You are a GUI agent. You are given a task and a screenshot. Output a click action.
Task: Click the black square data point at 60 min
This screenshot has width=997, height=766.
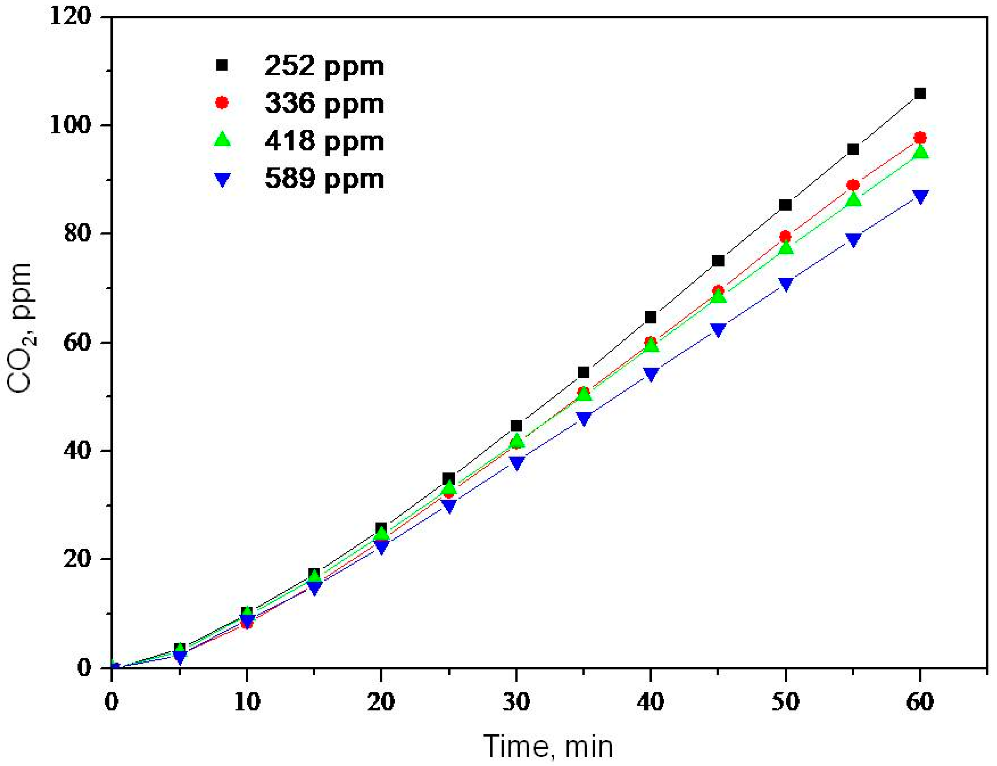920,93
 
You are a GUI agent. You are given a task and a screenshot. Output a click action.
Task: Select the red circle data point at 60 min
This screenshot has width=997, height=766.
920,138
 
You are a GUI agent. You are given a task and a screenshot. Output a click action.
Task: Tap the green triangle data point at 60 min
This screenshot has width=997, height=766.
920,152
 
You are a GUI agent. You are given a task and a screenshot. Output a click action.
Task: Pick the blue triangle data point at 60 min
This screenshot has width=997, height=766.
920,197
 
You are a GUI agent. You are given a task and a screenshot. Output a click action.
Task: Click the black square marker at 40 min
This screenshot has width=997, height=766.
650,317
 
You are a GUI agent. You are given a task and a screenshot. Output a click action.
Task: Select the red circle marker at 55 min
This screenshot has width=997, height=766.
853,185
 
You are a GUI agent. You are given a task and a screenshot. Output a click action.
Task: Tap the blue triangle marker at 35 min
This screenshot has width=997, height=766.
584,418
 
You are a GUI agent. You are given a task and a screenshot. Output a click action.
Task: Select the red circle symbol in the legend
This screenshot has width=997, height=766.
222,103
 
